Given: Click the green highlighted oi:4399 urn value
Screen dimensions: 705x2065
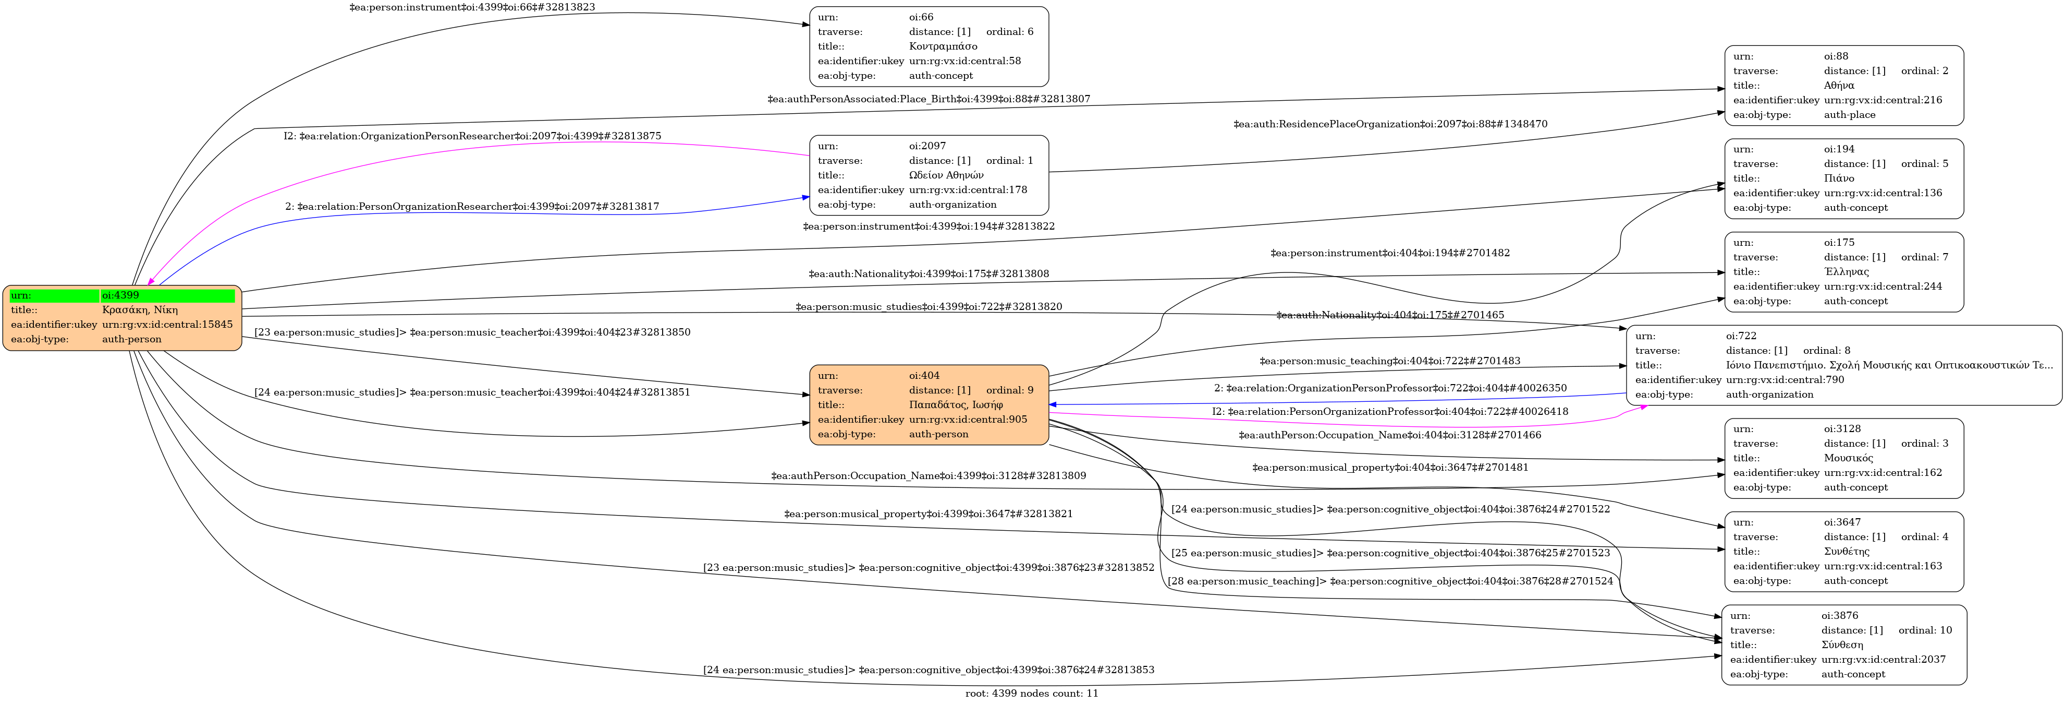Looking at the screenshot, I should click(120, 295).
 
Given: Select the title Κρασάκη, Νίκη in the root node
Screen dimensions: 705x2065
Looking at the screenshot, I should click(140, 309).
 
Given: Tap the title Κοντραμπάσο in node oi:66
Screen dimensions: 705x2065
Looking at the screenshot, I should click(943, 46).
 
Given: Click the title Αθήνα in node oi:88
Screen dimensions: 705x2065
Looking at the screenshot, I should click(1839, 86).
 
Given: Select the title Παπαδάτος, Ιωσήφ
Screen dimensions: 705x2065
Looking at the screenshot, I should click(956, 405).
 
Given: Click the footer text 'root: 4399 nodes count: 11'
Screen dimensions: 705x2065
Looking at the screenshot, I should click(1032, 694).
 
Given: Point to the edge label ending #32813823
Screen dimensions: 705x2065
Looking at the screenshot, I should click(472, 7).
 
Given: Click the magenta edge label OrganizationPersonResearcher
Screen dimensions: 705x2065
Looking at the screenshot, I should click(472, 136).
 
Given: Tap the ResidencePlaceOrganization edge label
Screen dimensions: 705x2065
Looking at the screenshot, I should click(1390, 124).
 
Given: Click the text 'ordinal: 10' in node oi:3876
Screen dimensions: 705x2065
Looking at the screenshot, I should click(1925, 630).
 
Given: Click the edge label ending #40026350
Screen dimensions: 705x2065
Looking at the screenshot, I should click(1390, 388).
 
